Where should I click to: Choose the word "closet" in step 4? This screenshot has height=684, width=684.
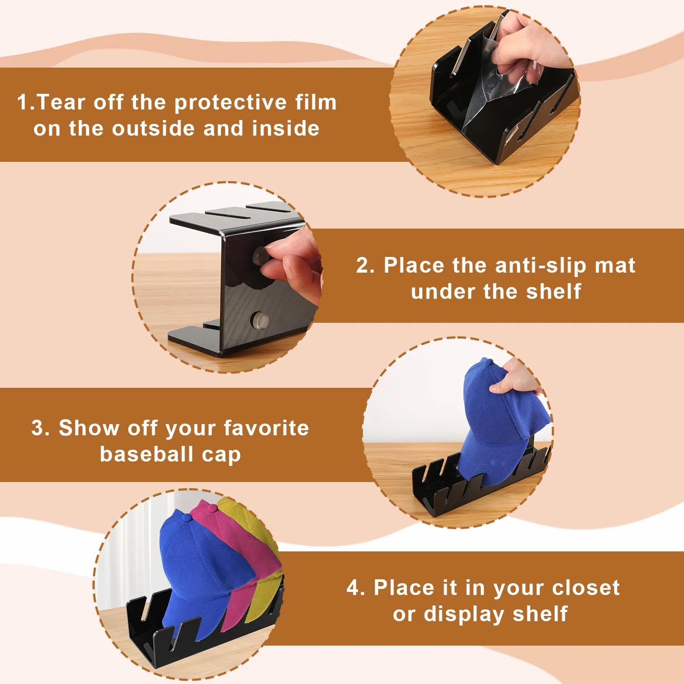pos(585,588)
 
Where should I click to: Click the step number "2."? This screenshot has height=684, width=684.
pos(365,266)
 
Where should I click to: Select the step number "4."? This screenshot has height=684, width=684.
pos(356,588)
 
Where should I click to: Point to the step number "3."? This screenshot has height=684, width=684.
pos(41,428)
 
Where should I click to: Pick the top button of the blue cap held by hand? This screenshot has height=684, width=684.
pos(485,362)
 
